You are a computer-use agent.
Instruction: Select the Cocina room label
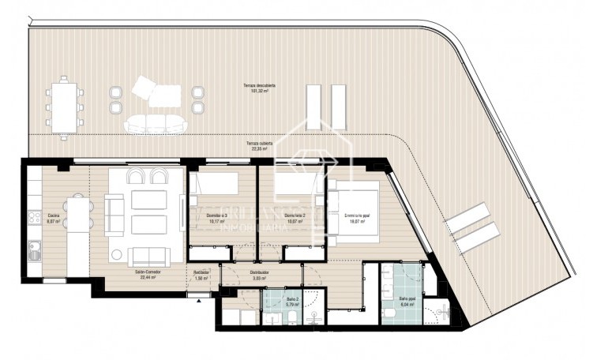pos(54,218)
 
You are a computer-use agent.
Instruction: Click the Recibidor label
pos(201,276)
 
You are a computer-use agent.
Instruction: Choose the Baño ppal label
pos(407,301)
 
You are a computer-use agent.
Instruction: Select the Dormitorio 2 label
pos(295,219)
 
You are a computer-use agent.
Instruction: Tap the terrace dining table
pos(64,104)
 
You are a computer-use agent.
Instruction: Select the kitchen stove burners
pos(34,216)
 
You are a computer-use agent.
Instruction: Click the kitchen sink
pos(34,253)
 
